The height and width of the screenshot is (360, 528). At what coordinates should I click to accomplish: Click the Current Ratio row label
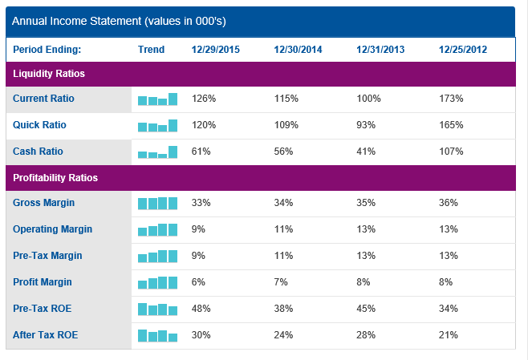coord(43,99)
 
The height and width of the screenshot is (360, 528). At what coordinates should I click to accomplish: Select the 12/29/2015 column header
coord(215,50)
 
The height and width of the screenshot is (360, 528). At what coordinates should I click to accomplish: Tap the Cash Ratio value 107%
coord(451,152)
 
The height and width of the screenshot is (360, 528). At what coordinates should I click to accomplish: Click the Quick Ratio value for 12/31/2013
coord(367,125)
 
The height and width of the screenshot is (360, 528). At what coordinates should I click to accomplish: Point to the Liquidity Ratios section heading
coord(49,74)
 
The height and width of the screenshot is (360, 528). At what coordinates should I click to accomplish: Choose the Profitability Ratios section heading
coord(55,177)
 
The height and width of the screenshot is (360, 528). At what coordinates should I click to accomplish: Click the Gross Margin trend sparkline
coord(157,204)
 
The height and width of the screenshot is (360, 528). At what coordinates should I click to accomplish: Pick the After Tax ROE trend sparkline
coord(157,335)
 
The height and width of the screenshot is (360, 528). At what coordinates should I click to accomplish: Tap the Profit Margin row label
coord(43,282)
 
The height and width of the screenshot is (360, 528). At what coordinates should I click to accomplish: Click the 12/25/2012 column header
coord(462,50)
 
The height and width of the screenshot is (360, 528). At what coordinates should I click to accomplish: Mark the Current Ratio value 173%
coord(451,99)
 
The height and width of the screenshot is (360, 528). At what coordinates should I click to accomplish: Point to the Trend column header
coord(151,50)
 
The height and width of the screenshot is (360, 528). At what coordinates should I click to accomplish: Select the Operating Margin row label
coord(52,229)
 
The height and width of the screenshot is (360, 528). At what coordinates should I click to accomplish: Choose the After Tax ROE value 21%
coord(448,334)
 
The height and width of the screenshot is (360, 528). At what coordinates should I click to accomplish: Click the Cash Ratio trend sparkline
coord(157,152)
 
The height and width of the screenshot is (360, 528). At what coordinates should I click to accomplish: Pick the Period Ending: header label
coord(47,50)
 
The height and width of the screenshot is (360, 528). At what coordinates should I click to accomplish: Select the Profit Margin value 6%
coord(198,282)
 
